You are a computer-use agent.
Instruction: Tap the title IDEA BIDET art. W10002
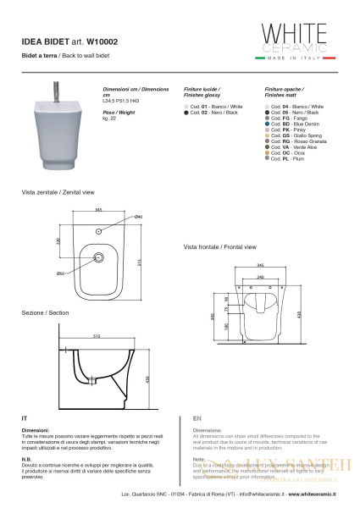(x=65, y=39)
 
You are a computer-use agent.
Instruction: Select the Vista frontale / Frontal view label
(x=219, y=246)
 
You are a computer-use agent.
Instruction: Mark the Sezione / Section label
(x=46, y=313)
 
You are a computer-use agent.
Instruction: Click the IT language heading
(x=25, y=418)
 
